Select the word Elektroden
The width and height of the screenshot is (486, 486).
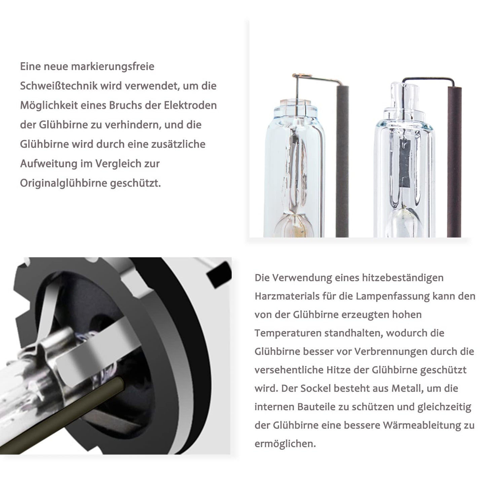(x=190, y=105)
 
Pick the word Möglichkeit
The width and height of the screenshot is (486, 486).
(x=49, y=106)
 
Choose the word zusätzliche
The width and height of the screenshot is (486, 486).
(x=178, y=144)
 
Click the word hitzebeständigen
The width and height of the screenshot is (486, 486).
(x=403, y=278)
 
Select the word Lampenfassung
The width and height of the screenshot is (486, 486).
(x=393, y=297)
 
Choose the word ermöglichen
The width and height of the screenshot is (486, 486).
(x=285, y=444)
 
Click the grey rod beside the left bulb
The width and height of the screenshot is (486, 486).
(x=342, y=161)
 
